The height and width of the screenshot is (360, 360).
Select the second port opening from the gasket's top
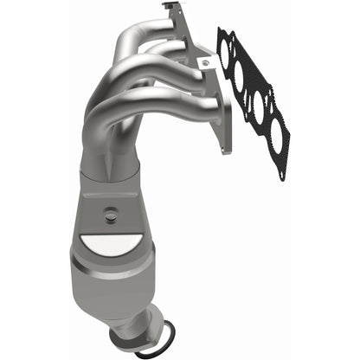click(x=241, y=80)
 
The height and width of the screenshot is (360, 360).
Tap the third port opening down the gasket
click(x=255, y=107)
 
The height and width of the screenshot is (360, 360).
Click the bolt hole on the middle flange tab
click(x=205, y=63)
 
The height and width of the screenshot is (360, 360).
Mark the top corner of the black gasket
click(x=221, y=30)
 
